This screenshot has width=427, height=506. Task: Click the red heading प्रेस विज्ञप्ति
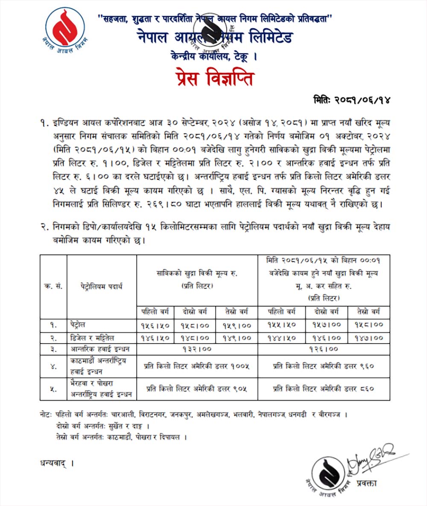(x=213, y=79)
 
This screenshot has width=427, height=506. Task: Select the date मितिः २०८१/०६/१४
(x=352, y=101)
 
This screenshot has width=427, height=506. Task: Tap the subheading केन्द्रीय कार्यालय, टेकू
(x=213, y=56)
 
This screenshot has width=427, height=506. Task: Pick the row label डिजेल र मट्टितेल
(x=92, y=337)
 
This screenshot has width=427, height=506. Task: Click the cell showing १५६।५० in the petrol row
(x=155, y=325)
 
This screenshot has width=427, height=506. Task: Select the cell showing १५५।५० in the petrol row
(x=282, y=325)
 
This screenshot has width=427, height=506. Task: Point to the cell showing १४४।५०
(x=282, y=337)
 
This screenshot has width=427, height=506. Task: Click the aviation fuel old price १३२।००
(x=197, y=349)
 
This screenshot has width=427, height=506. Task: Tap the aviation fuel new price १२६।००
(x=324, y=349)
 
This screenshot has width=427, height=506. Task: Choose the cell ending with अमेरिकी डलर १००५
(x=197, y=366)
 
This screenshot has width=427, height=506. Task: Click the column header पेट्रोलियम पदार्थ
(x=101, y=286)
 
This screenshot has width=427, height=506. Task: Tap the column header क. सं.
(x=53, y=286)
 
